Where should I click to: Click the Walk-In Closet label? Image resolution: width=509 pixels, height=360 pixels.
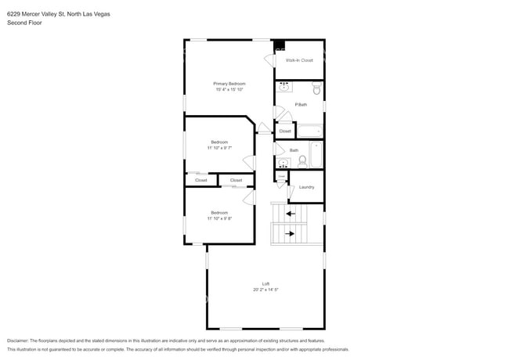coord(299,60)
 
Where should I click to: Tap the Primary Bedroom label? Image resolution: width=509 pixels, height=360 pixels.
coord(229,84)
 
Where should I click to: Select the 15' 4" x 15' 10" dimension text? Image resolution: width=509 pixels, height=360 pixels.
coord(229,90)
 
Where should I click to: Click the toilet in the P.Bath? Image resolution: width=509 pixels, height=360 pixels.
coord(316,88)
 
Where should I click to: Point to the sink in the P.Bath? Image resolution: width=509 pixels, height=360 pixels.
coord(284,88)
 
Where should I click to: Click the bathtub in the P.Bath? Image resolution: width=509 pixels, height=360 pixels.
coord(310,131)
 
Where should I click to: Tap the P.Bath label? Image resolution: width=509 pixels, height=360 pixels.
coord(300,104)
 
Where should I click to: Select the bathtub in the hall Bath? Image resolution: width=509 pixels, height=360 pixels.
coord(316,154)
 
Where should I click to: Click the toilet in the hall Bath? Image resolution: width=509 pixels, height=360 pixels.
coord(302,162)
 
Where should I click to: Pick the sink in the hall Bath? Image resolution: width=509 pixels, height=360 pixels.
coord(283,163)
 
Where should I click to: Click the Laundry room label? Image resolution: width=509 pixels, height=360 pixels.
coord(306,187)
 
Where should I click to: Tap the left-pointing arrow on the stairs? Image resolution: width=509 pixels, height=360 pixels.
coord(290,213)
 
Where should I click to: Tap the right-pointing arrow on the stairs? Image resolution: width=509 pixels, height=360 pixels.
coord(290,233)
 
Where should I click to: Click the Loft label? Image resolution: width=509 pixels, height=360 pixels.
coord(265,283)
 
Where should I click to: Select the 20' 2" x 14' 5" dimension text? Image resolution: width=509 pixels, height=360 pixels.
coord(265,290)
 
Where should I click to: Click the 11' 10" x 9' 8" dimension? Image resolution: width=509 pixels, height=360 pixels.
coord(218,218)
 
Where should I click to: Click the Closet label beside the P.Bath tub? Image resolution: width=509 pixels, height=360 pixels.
coord(284,131)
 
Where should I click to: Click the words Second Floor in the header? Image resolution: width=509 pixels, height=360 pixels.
coord(24,23)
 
